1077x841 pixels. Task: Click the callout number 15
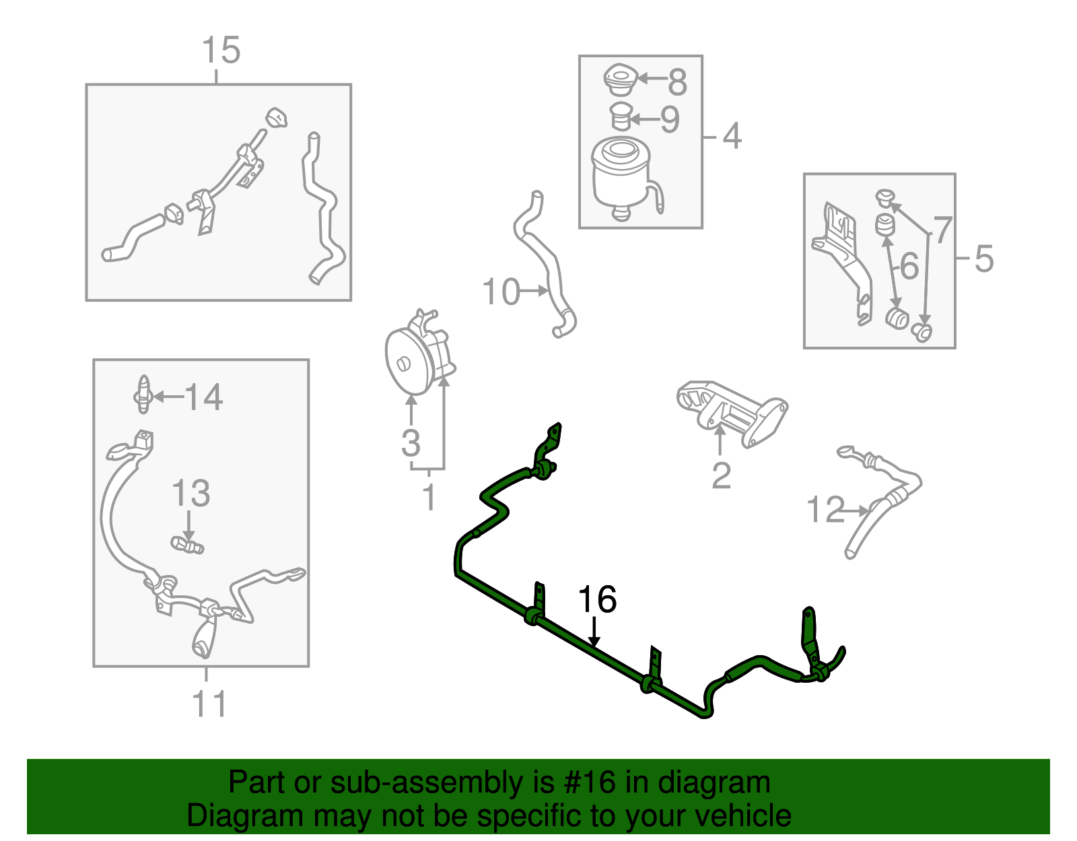221,50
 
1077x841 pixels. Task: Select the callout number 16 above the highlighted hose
597,599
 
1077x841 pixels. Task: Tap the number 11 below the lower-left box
209,704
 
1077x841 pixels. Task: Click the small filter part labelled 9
621,119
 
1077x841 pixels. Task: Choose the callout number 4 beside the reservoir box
732,136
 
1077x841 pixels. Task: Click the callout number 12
826,509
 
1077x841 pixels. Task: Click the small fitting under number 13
187,545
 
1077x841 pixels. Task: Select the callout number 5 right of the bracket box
984,259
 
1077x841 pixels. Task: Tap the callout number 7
942,230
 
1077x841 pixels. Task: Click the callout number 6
909,265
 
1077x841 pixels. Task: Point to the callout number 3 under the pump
411,442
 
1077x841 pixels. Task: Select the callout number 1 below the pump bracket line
429,496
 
